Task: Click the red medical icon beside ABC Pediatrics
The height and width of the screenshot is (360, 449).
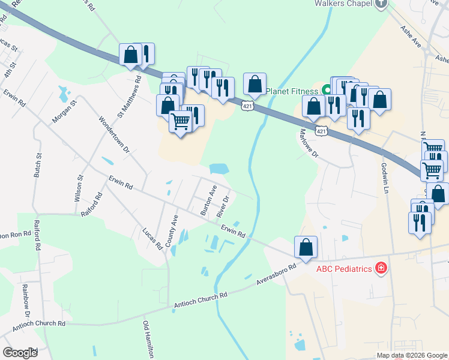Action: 380,268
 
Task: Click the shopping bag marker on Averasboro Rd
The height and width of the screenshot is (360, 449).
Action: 306,247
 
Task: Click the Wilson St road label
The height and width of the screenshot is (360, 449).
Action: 79,187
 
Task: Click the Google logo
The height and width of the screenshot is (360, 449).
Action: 20,353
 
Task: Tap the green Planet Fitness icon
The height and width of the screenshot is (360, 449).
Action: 327,91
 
